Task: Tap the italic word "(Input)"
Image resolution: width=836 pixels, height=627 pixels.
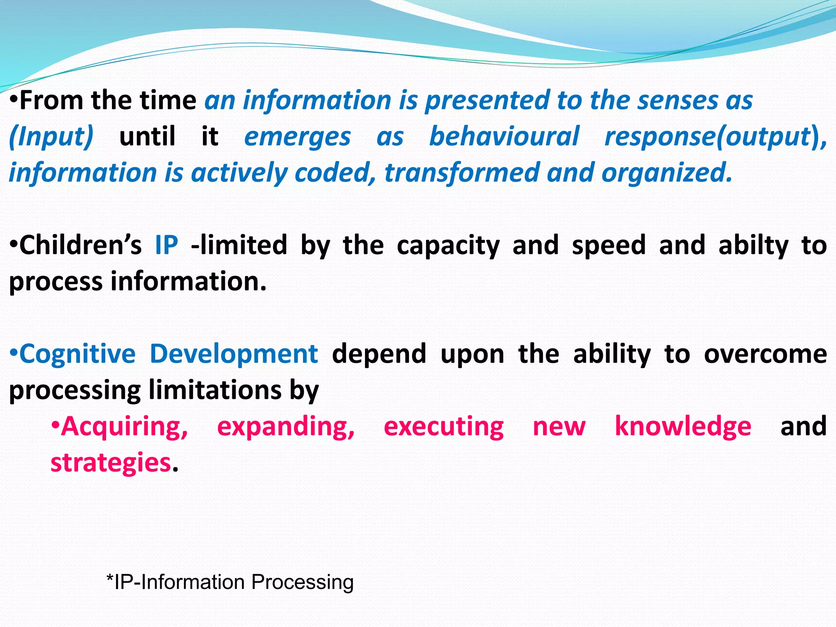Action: click(51, 136)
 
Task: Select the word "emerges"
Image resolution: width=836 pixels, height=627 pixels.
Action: click(297, 137)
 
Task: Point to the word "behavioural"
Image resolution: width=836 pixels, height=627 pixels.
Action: click(504, 136)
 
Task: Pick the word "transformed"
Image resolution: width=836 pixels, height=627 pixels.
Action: click(462, 173)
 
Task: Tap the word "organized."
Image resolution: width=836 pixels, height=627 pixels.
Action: click(667, 173)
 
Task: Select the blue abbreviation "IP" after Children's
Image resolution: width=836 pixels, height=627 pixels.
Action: click(167, 245)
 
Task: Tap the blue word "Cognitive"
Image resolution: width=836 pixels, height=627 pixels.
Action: click(78, 354)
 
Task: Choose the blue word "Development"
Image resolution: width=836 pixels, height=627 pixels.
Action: click(234, 354)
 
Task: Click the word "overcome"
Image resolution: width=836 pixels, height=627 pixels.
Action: click(765, 354)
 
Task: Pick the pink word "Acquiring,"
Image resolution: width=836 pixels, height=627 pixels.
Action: click(125, 427)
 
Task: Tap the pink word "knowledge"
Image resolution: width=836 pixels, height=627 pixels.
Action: click(683, 426)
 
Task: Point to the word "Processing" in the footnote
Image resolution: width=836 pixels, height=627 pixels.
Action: click(302, 583)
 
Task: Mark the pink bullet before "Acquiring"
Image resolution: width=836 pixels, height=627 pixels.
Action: click(56, 425)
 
